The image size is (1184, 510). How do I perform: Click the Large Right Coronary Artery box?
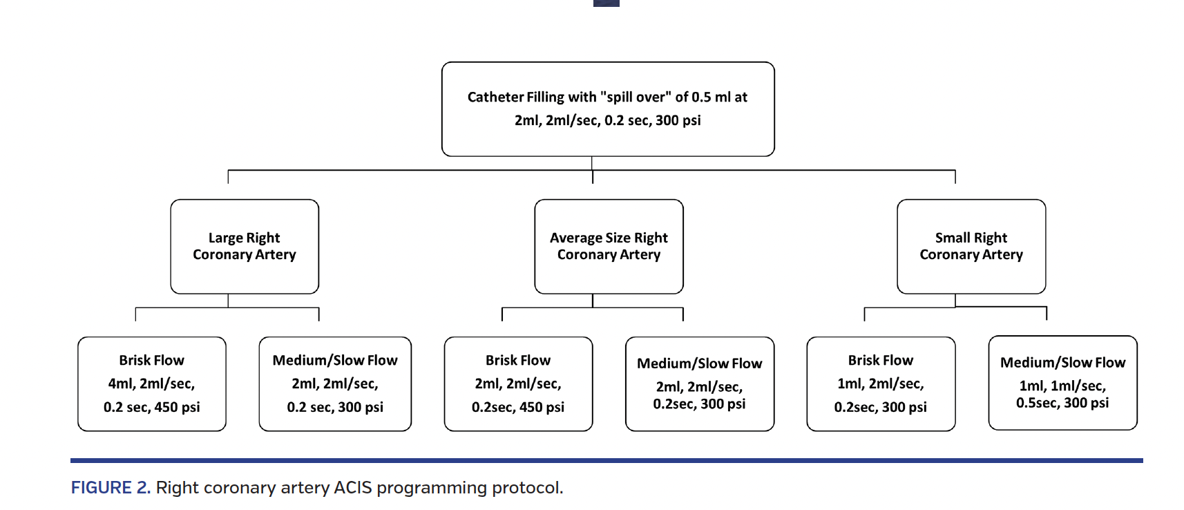pos(245,246)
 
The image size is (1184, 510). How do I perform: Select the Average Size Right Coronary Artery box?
pos(609,246)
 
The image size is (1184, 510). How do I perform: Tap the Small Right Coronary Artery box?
pos(971,246)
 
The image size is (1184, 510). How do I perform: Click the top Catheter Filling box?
pos(608,108)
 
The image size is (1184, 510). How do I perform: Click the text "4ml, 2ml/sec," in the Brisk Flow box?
pos(151,384)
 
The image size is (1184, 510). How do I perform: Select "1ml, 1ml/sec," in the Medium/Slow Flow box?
pos(1062,386)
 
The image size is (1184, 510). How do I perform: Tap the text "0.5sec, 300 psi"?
pos(1062,403)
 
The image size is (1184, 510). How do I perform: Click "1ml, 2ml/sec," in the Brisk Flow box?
pos(881,384)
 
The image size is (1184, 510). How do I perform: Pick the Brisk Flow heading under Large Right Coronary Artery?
pos(151,360)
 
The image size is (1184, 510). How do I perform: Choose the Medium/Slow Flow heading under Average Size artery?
pos(699,363)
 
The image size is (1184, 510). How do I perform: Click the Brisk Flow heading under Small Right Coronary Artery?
pos(881,360)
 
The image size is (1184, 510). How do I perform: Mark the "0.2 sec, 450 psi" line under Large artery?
pos(151,407)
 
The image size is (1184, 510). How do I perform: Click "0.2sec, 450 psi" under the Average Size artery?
pos(518,407)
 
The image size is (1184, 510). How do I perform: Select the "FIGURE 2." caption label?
pos(111,488)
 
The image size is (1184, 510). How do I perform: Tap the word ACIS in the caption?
pos(353,488)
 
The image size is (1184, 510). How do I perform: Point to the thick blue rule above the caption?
pos(607,460)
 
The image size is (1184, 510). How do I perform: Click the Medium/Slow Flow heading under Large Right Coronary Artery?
pos(335,360)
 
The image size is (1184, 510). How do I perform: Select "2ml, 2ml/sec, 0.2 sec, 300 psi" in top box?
pos(608,120)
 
